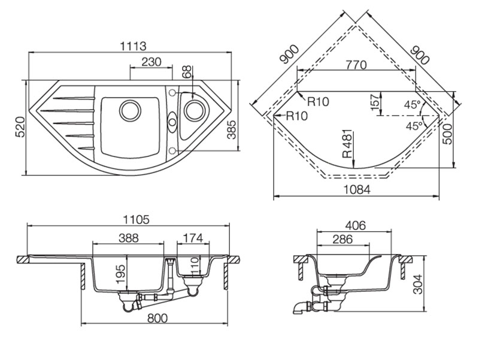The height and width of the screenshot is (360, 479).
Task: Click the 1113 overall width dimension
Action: click(134, 46)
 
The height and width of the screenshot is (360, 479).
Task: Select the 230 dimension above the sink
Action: click(152, 62)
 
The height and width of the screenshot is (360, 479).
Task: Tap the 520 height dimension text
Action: click(18, 128)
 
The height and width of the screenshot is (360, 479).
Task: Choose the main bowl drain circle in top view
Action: click(129, 110)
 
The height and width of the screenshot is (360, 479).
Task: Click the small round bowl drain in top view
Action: click(194, 110)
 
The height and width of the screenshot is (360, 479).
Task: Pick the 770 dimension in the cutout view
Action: click(356, 65)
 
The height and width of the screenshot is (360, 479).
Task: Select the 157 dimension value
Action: click(375, 102)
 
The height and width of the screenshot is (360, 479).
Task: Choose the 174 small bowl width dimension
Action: click(192, 238)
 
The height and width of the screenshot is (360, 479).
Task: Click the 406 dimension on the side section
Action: click(355, 226)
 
